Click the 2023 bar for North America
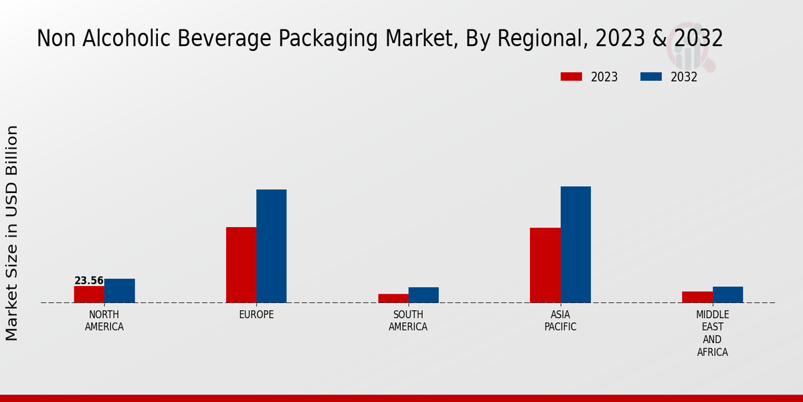point(89,294)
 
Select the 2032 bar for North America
point(119,291)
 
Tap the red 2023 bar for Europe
point(241,265)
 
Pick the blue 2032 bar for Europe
point(271,246)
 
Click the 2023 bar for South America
point(393,298)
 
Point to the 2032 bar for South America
point(424,295)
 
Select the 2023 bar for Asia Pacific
point(545,265)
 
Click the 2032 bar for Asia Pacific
point(575,245)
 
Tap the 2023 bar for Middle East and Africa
point(697,297)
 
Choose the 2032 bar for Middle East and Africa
point(727,295)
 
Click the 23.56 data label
point(89,281)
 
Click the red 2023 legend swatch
point(571,76)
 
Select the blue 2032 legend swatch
point(651,76)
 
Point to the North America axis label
point(104,321)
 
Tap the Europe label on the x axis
point(256,315)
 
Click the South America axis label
point(408,321)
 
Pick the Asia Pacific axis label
point(560,321)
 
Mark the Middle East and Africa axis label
point(712,333)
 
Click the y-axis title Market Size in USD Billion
point(12,232)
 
